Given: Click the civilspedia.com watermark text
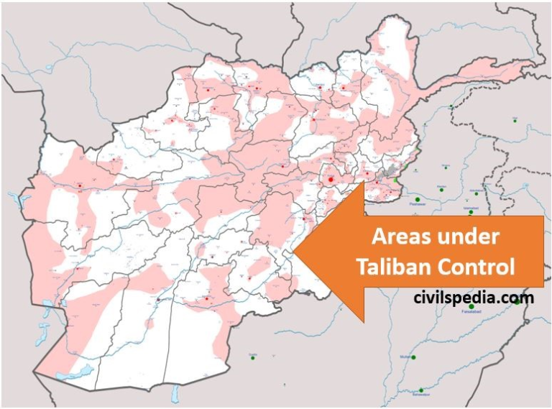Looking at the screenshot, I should [474, 297].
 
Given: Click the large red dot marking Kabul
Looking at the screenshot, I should [330, 178].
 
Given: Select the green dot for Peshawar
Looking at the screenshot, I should [416, 199].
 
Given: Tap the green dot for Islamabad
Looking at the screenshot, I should [471, 213].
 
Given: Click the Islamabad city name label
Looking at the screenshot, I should [471, 206].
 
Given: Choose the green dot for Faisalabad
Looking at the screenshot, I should [471, 308].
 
